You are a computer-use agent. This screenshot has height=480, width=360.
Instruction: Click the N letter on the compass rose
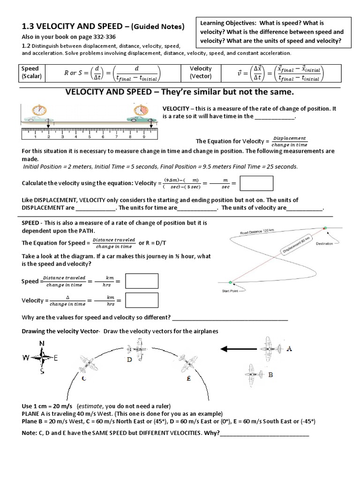(42, 343)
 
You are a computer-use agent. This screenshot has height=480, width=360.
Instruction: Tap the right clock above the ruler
(139, 111)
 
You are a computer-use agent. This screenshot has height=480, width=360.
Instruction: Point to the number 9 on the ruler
(144, 138)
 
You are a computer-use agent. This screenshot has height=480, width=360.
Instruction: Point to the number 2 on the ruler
(49, 138)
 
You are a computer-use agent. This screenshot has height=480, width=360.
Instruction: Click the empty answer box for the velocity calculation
(256, 183)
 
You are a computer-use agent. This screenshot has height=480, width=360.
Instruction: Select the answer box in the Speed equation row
(142, 281)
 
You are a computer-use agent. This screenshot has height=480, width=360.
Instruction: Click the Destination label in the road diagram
(324, 243)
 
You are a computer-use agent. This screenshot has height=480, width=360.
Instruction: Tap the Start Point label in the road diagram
(230, 291)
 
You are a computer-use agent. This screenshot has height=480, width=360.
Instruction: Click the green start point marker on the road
(230, 282)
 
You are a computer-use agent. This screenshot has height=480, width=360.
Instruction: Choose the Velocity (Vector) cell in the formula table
(201, 72)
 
